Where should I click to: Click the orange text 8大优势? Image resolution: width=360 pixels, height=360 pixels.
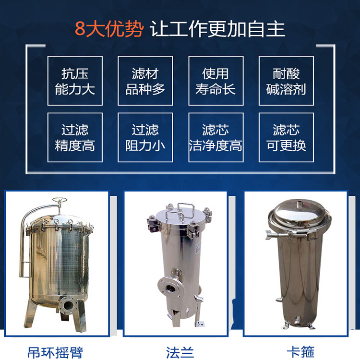(x=109, y=29)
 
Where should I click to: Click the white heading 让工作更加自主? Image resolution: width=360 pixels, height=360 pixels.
(x=217, y=29)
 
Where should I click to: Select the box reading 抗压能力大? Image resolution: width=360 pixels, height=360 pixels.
(x=75, y=81)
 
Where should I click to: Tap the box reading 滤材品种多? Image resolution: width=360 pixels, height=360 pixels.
(x=145, y=81)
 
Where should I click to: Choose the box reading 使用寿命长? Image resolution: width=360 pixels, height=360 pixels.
(x=216, y=81)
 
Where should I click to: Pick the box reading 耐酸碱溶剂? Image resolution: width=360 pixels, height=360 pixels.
(x=286, y=81)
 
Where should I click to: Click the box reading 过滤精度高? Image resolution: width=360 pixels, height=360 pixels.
(x=75, y=137)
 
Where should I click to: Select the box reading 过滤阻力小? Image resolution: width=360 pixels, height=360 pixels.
(x=145, y=137)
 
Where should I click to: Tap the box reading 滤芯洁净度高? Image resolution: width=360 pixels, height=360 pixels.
(x=216, y=137)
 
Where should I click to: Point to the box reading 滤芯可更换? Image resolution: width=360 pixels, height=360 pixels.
(x=286, y=137)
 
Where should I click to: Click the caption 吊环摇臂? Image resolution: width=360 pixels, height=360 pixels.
(x=55, y=352)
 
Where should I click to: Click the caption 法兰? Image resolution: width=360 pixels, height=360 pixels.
(x=180, y=352)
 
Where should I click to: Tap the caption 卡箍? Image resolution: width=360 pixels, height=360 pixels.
(x=300, y=352)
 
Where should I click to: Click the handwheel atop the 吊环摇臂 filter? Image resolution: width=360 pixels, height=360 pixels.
(x=60, y=200)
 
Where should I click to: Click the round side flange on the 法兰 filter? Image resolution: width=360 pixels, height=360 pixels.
(x=171, y=288)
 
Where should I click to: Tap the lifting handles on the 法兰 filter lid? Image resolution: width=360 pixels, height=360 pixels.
(x=180, y=212)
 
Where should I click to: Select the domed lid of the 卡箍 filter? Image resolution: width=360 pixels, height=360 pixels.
(x=297, y=212)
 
